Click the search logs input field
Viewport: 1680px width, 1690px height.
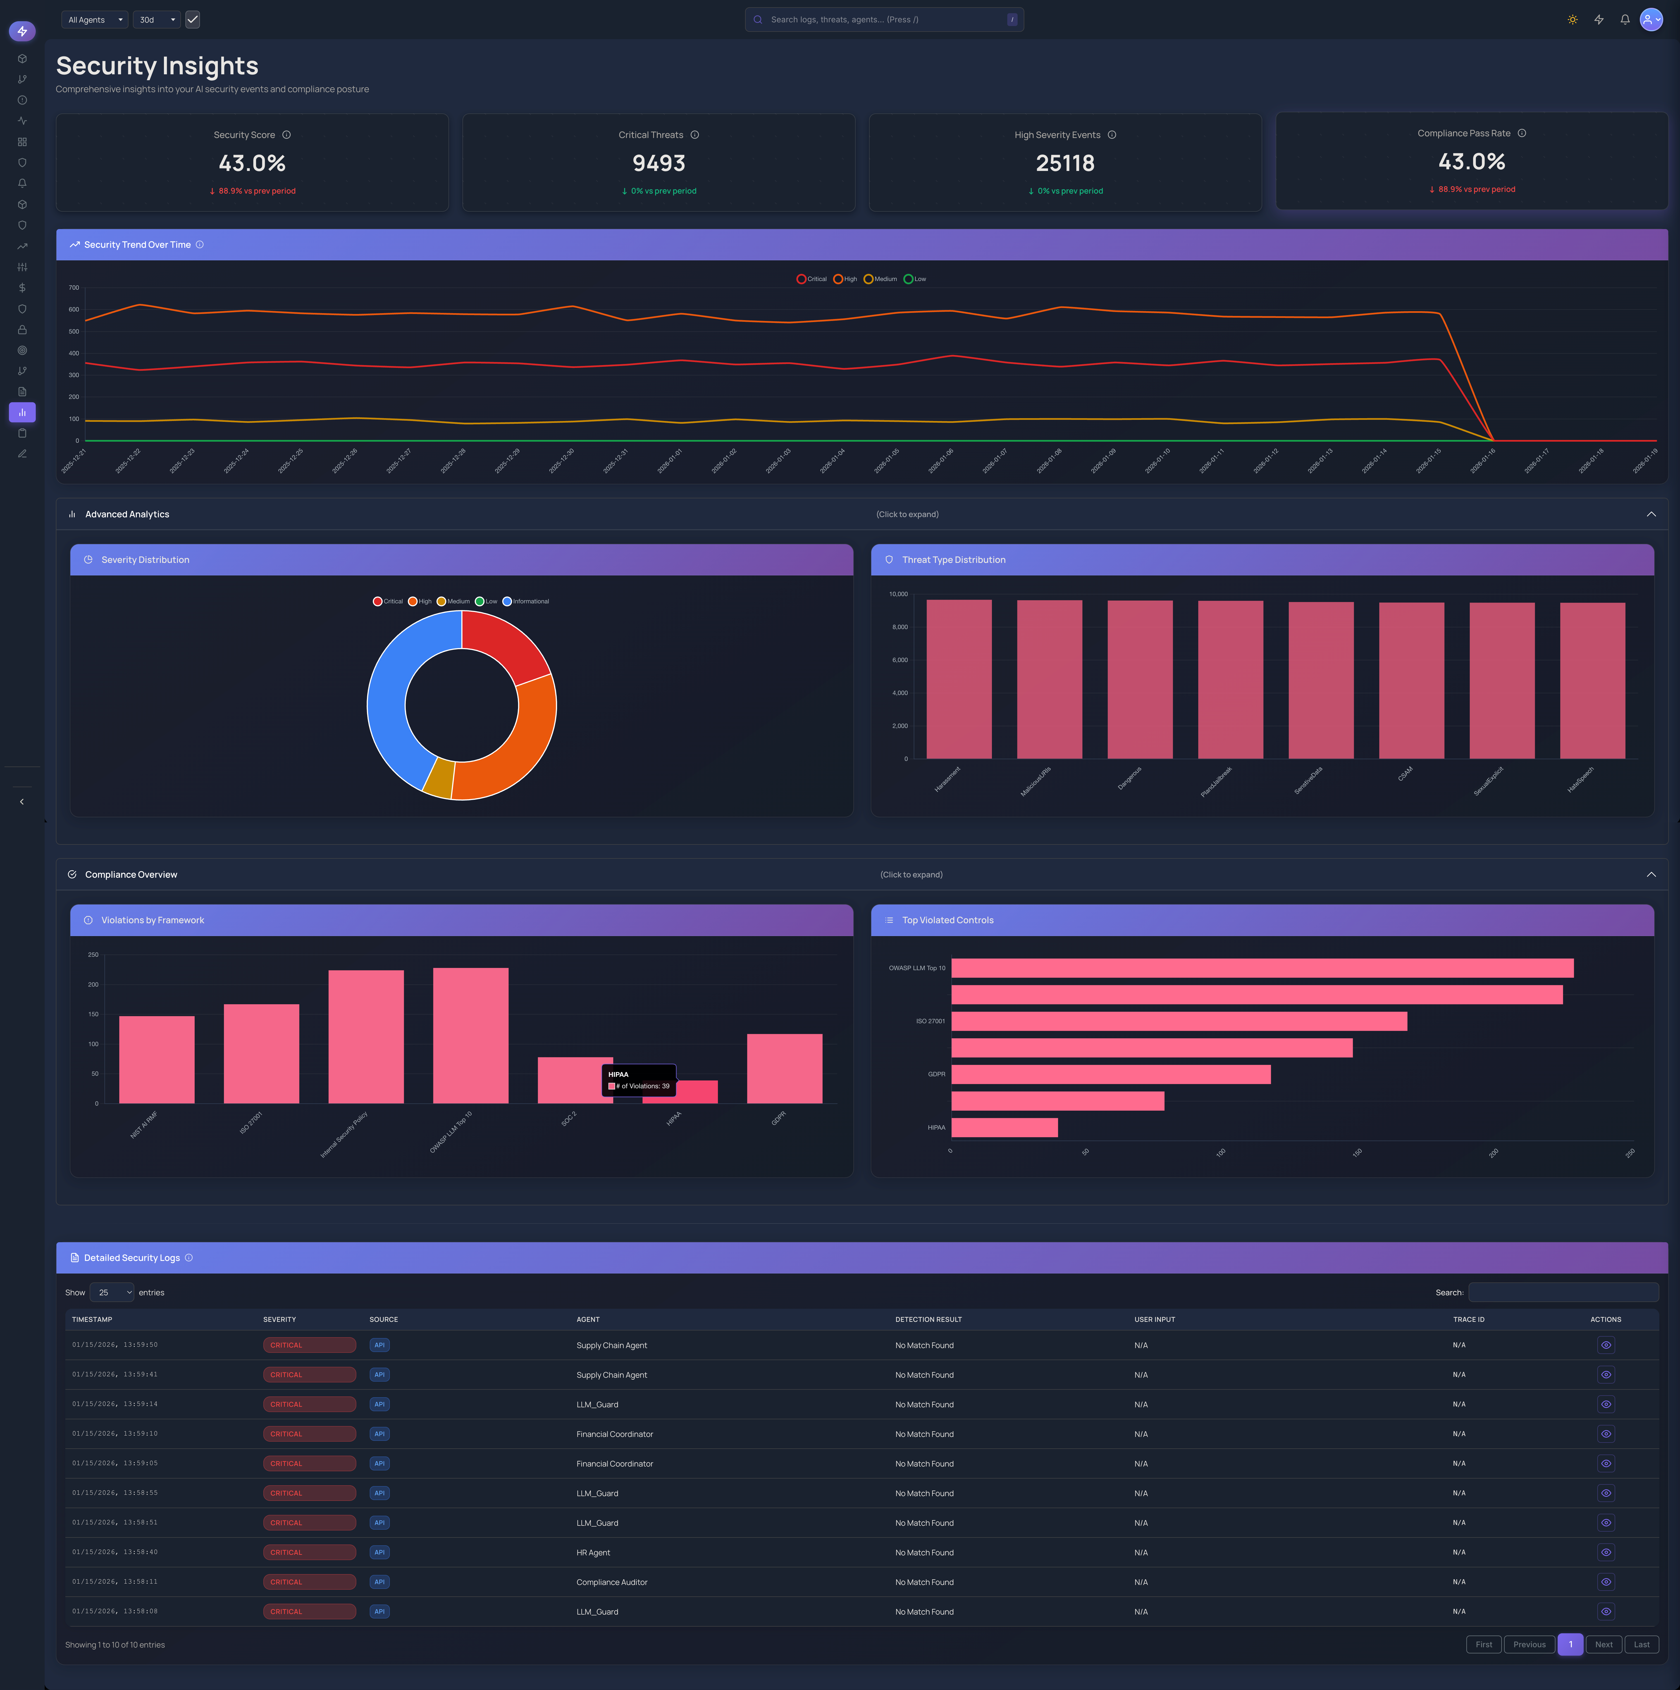883,19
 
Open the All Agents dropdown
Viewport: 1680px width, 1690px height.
94,19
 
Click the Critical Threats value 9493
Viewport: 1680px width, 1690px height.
658,164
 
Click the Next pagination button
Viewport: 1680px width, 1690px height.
1603,1644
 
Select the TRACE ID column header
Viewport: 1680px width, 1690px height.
1468,1319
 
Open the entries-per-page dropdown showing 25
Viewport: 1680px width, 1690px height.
112,1292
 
